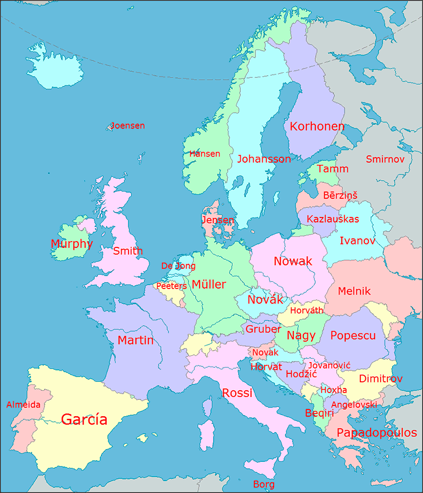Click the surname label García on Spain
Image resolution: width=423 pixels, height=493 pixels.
click(x=84, y=419)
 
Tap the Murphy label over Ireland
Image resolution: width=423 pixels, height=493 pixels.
click(x=72, y=244)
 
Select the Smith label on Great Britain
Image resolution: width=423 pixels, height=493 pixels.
click(x=128, y=251)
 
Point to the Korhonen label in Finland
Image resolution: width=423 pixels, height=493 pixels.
click(x=317, y=126)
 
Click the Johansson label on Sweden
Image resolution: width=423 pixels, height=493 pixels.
click(x=264, y=159)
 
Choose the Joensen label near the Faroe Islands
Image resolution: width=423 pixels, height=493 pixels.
click(x=128, y=125)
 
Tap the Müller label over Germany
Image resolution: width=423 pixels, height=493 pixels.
click(x=209, y=284)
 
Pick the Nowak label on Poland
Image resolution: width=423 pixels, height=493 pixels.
click(x=293, y=261)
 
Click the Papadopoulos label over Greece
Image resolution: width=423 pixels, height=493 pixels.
click(x=377, y=433)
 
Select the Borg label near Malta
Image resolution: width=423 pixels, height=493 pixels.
click(x=264, y=484)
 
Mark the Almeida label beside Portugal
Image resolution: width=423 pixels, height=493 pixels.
click(x=23, y=404)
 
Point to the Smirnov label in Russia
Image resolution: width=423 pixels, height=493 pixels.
click(x=385, y=159)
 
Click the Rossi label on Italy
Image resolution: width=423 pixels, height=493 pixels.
click(x=237, y=393)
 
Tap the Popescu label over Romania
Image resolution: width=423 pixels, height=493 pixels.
click(x=353, y=335)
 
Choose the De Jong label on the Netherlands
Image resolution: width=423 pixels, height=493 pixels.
click(x=178, y=265)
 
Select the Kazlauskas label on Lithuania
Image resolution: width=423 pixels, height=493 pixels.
click(x=333, y=219)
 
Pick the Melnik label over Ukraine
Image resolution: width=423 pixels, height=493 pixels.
click(x=354, y=291)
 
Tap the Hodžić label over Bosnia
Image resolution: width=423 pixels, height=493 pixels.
click(x=301, y=374)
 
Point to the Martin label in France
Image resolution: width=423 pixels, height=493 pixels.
click(x=135, y=340)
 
